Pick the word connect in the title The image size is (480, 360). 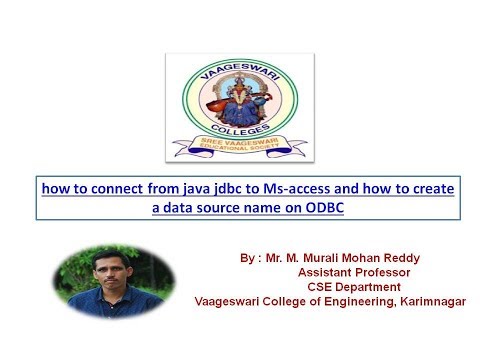97,187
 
